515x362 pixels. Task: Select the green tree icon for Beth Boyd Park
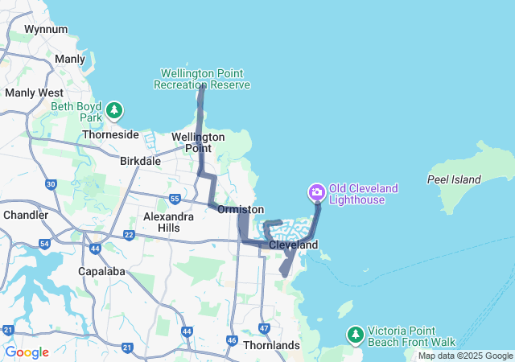coord(115,109)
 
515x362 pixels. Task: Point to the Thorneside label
coord(111,135)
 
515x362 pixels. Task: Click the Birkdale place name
coord(140,161)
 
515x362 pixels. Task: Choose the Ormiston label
coord(240,209)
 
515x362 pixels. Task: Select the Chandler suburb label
coord(26,215)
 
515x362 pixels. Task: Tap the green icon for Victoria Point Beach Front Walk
coord(355,333)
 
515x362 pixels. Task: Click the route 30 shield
coord(51,184)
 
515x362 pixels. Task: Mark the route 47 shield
coord(264,327)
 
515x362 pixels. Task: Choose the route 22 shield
coord(129,235)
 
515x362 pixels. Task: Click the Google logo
coord(27,352)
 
